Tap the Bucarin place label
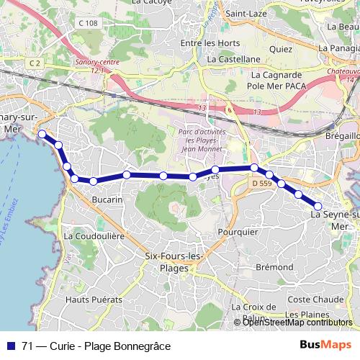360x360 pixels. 108,199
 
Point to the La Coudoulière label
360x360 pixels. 95,235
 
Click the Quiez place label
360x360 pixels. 279,50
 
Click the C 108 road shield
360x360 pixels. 88,24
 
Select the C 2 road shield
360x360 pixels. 36,63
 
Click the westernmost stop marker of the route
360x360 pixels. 42,133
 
